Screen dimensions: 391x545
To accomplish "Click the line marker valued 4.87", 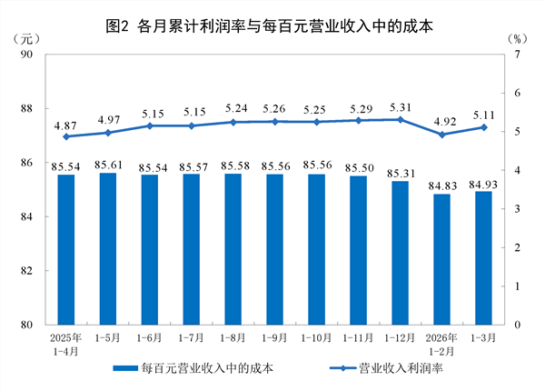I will click(65, 136).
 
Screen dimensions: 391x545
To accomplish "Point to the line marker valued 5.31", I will click(400, 119).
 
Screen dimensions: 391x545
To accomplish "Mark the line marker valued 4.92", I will click(441, 135).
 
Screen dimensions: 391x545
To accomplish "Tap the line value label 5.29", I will click(358, 107).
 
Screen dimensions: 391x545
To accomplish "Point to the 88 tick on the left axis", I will click(26, 109).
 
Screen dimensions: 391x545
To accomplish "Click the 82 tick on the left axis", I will click(26, 271).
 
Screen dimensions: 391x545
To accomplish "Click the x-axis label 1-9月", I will click(274, 339).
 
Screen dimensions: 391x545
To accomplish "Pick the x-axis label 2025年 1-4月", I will click(65, 346).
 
